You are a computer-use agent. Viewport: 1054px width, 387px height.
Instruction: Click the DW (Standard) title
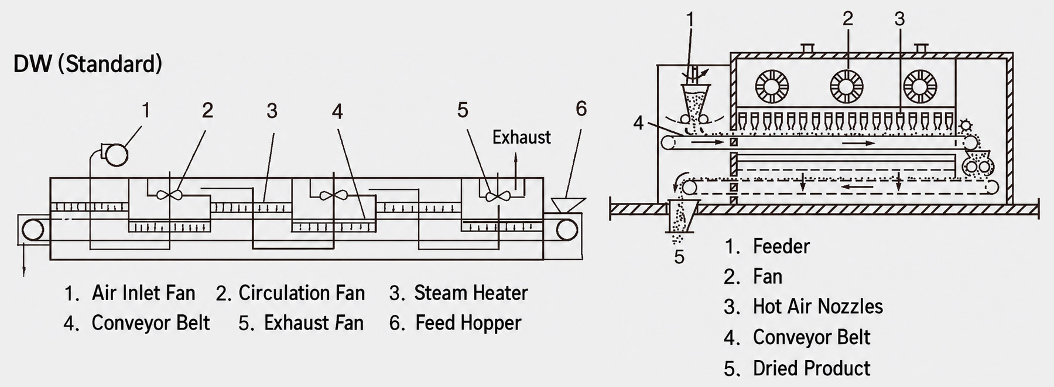click(88, 63)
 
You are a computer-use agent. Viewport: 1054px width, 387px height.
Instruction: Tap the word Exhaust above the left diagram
click(521, 137)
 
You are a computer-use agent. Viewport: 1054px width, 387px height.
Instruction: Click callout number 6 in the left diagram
click(581, 109)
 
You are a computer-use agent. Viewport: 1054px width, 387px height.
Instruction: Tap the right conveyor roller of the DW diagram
click(567, 230)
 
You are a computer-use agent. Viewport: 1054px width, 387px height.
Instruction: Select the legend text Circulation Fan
click(302, 293)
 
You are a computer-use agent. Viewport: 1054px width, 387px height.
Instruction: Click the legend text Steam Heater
click(471, 293)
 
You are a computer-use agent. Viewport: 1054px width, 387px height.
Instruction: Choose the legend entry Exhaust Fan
click(314, 323)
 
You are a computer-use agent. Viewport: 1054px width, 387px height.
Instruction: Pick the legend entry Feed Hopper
click(468, 323)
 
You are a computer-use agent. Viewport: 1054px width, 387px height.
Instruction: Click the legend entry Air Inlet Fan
click(143, 293)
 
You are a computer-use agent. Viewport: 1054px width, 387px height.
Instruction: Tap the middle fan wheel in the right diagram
click(847, 86)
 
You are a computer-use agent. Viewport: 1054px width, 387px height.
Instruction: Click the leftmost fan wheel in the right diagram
click(772, 87)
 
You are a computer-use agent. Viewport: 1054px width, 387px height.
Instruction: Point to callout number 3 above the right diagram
click(899, 19)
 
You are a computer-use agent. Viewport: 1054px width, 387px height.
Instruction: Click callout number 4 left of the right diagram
click(638, 123)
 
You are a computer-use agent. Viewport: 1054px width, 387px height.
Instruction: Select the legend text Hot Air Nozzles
click(818, 307)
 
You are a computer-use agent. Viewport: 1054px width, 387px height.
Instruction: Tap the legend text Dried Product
click(812, 368)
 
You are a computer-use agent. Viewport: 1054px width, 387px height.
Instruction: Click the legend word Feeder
click(781, 246)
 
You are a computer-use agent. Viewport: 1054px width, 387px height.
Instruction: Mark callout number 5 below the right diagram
click(679, 257)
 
